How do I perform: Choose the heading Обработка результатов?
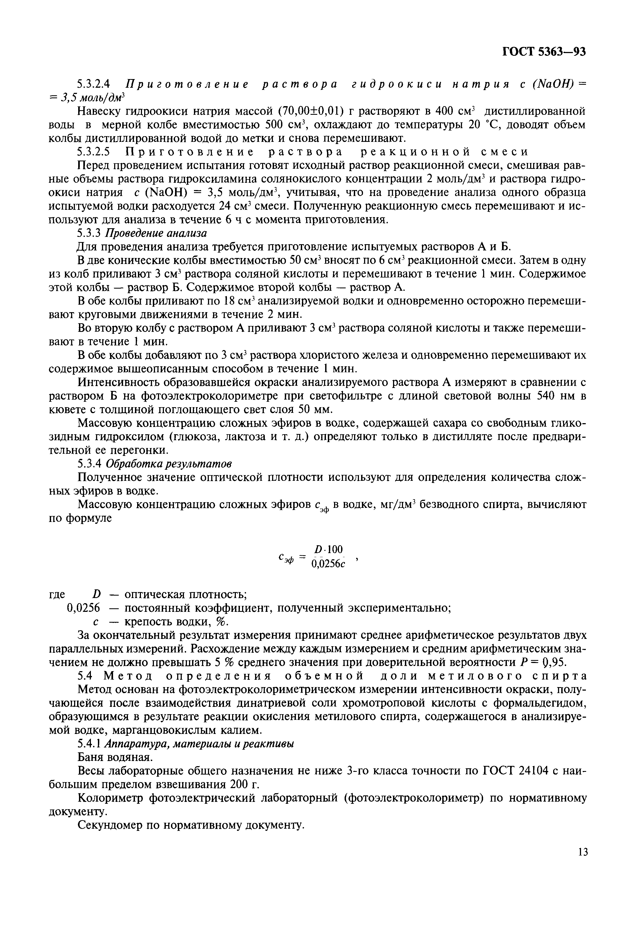169,464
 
